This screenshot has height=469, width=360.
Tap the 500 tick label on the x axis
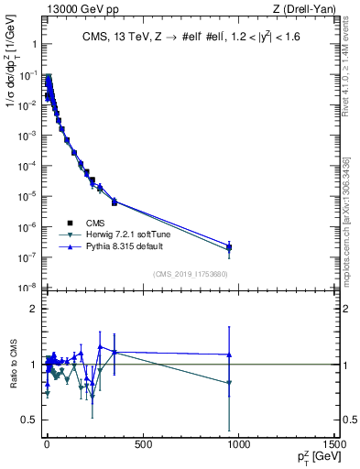(142, 446)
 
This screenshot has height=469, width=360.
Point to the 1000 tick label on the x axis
(239, 446)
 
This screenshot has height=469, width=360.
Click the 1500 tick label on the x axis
(335, 446)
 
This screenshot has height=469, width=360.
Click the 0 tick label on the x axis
(46, 446)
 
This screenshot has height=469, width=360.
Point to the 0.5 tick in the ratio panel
(31, 420)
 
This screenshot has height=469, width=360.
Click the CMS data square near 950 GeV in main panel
(229, 247)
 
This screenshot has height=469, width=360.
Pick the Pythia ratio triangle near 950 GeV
(229, 354)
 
